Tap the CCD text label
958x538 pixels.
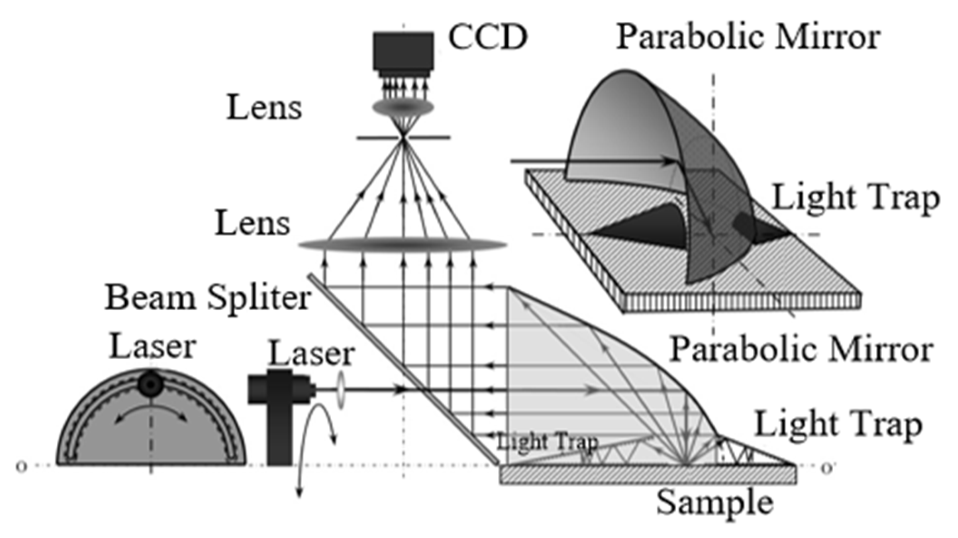coord(488,37)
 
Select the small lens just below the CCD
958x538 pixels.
coord(403,108)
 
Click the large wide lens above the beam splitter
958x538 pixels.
coord(403,245)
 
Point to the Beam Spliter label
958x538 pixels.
coord(208,298)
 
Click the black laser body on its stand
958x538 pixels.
coord(279,408)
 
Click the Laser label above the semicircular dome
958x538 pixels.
coord(152,347)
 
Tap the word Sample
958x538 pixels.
coord(715,503)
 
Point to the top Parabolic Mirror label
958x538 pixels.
coord(748,37)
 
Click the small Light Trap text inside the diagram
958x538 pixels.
coord(547,442)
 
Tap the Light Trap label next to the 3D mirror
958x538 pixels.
coord(855,198)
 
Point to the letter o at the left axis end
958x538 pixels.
coord(21,466)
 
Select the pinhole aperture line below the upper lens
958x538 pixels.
coord(403,137)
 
